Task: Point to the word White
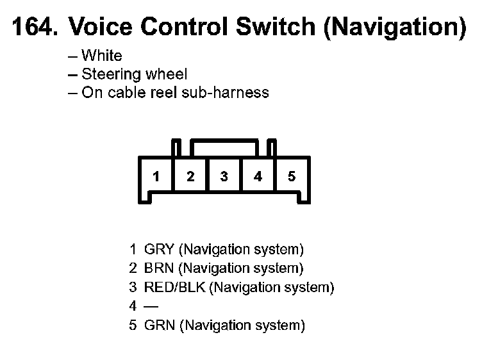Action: pos(102,56)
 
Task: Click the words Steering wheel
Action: pos(135,74)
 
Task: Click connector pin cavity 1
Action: pos(156,177)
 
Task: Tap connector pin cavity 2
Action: pos(190,177)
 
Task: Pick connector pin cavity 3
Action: pos(224,177)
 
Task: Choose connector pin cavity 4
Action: pos(258,177)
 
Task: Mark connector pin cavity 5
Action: pos(292,177)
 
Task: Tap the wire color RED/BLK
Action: pos(175,287)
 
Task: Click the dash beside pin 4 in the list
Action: pos(151,306)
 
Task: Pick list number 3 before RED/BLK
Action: pos(133,287)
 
